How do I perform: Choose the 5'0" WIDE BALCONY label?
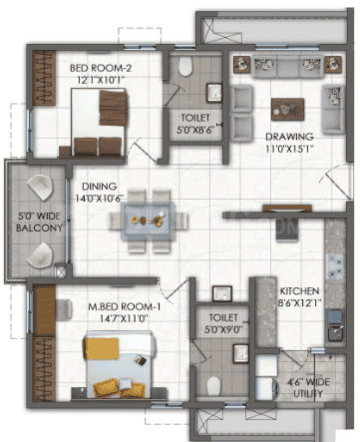point(39,221)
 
